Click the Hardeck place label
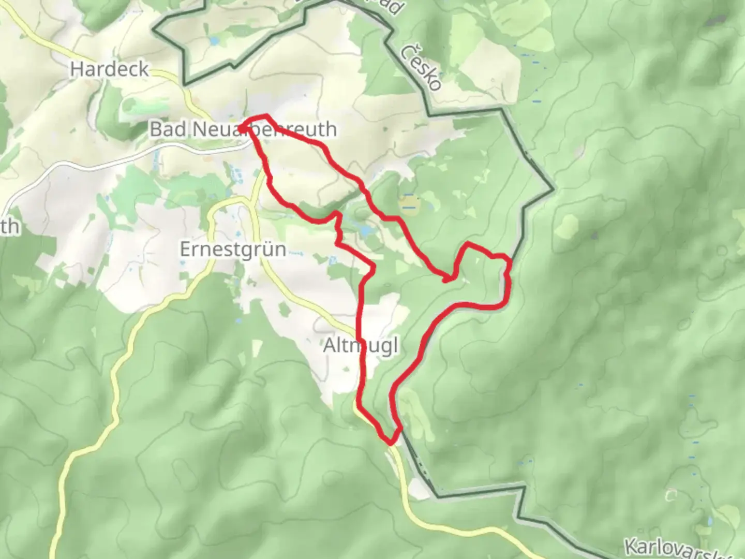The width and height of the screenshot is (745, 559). pos(109,69)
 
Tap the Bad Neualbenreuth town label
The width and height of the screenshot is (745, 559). pos(243,129)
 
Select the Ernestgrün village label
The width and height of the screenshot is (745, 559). pos(233,249)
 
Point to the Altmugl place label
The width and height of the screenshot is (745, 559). pos(361,345)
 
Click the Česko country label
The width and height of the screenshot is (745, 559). pos(422,67)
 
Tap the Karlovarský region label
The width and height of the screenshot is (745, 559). pos(683,548)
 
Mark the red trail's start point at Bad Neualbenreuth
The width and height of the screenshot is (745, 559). pos(240,127)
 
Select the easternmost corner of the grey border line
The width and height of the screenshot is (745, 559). pos(553,189)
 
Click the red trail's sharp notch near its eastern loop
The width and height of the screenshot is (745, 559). pos(446,280)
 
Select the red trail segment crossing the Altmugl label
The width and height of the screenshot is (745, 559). pos(362,345)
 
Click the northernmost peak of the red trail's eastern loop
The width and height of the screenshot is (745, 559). pos(468,243)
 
